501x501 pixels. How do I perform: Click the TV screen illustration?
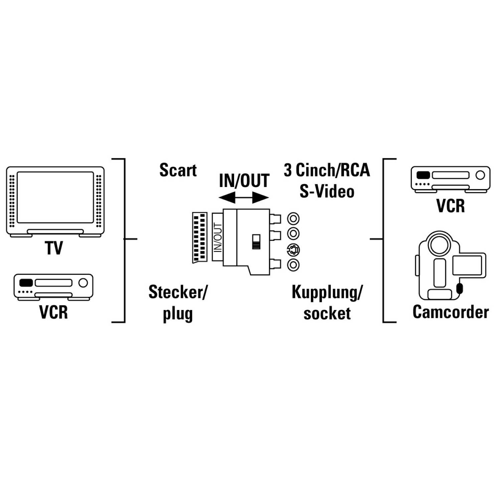(x=55, y=197)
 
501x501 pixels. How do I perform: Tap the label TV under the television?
(x=53, y=248)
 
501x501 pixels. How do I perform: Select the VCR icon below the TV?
(x=53, y=287)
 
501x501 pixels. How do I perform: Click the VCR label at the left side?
(x=53, y=312)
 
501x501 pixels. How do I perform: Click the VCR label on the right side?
(x=451, y=205)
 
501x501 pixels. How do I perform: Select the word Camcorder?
(x=450, y=312)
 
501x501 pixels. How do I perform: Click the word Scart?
(x=178, y=170)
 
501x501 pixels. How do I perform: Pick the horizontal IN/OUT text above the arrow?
(x=244, y=181)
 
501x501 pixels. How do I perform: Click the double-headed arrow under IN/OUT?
(x=244, y=199)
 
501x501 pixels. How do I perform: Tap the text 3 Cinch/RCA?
(x=327, y=170)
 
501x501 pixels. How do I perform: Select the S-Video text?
(x=327, y=192)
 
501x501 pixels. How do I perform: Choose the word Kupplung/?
(x=327, y=292)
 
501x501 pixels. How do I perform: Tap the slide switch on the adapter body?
(x=256, y=241)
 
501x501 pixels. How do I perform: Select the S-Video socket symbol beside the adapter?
(x=293, y=249)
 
